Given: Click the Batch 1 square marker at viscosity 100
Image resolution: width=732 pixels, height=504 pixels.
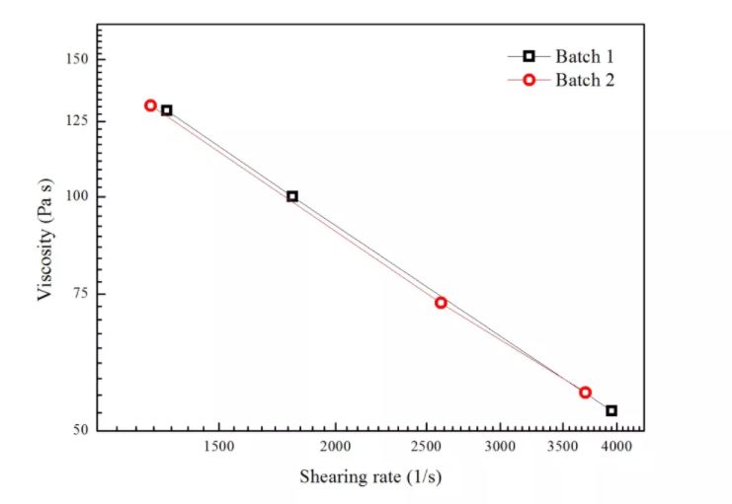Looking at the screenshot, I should click(292, 196).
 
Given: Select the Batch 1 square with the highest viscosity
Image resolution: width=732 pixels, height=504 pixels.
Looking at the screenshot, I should click(167, 110).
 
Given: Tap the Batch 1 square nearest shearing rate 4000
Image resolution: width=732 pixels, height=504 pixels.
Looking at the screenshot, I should click(611, 410).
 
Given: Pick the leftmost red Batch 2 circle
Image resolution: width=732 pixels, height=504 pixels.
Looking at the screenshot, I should click(150, 106).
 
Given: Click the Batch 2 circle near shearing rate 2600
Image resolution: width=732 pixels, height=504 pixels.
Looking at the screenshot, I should click(441, 303).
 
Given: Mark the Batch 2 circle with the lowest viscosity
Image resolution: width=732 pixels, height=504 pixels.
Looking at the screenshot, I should click(585, 393).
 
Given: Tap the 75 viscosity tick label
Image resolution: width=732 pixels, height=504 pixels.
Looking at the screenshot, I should click(81, 294).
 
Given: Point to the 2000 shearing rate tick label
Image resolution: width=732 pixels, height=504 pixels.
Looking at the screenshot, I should click(336, 447).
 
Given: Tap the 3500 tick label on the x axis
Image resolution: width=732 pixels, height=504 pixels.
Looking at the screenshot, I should click(562, 447).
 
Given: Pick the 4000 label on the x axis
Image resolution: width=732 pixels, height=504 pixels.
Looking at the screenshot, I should click(616, 447).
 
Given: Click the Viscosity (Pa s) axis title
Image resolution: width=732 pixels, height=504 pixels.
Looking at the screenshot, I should click(45, 239).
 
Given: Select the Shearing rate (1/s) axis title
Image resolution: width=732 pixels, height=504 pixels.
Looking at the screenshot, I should click(370, 477).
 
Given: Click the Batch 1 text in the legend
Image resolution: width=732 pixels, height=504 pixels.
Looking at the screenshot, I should click(585, 56).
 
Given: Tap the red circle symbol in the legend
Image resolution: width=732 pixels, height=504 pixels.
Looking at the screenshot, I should click(529, 80).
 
